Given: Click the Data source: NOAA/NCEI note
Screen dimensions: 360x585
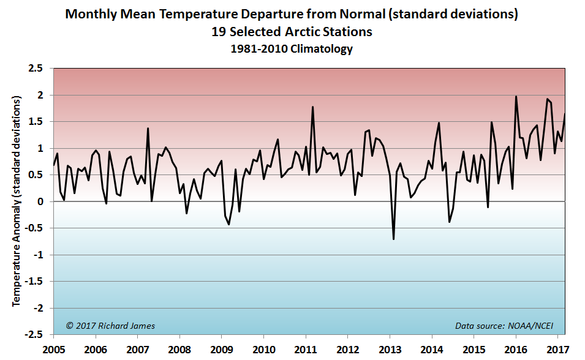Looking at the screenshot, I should click(508, 326).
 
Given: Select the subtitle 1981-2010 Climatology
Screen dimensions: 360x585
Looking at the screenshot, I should click(292, 50).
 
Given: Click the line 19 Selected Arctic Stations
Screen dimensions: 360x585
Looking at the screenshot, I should click(292, 31).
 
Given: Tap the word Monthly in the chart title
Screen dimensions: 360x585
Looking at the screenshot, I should click(90, 13).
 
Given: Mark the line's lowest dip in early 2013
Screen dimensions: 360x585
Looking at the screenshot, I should click(393, 239).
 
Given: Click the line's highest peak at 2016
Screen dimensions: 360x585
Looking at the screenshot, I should click(516, 96).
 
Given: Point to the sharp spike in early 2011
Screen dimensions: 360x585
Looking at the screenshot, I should click(313, 107).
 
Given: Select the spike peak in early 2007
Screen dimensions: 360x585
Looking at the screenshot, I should click(148, 128).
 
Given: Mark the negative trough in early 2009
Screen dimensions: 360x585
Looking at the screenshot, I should click(229, 224).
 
